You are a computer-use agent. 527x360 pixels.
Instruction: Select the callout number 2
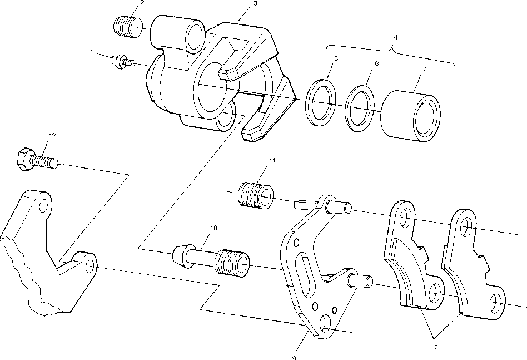point(142,3)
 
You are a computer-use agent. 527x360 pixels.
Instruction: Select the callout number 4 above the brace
point(395,37)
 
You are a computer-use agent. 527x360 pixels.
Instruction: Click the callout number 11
point(272,161)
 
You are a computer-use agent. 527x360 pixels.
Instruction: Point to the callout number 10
point(213,228)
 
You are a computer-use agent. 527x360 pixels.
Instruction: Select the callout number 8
point(436,347)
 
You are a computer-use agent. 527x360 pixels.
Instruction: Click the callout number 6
point(376,64)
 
